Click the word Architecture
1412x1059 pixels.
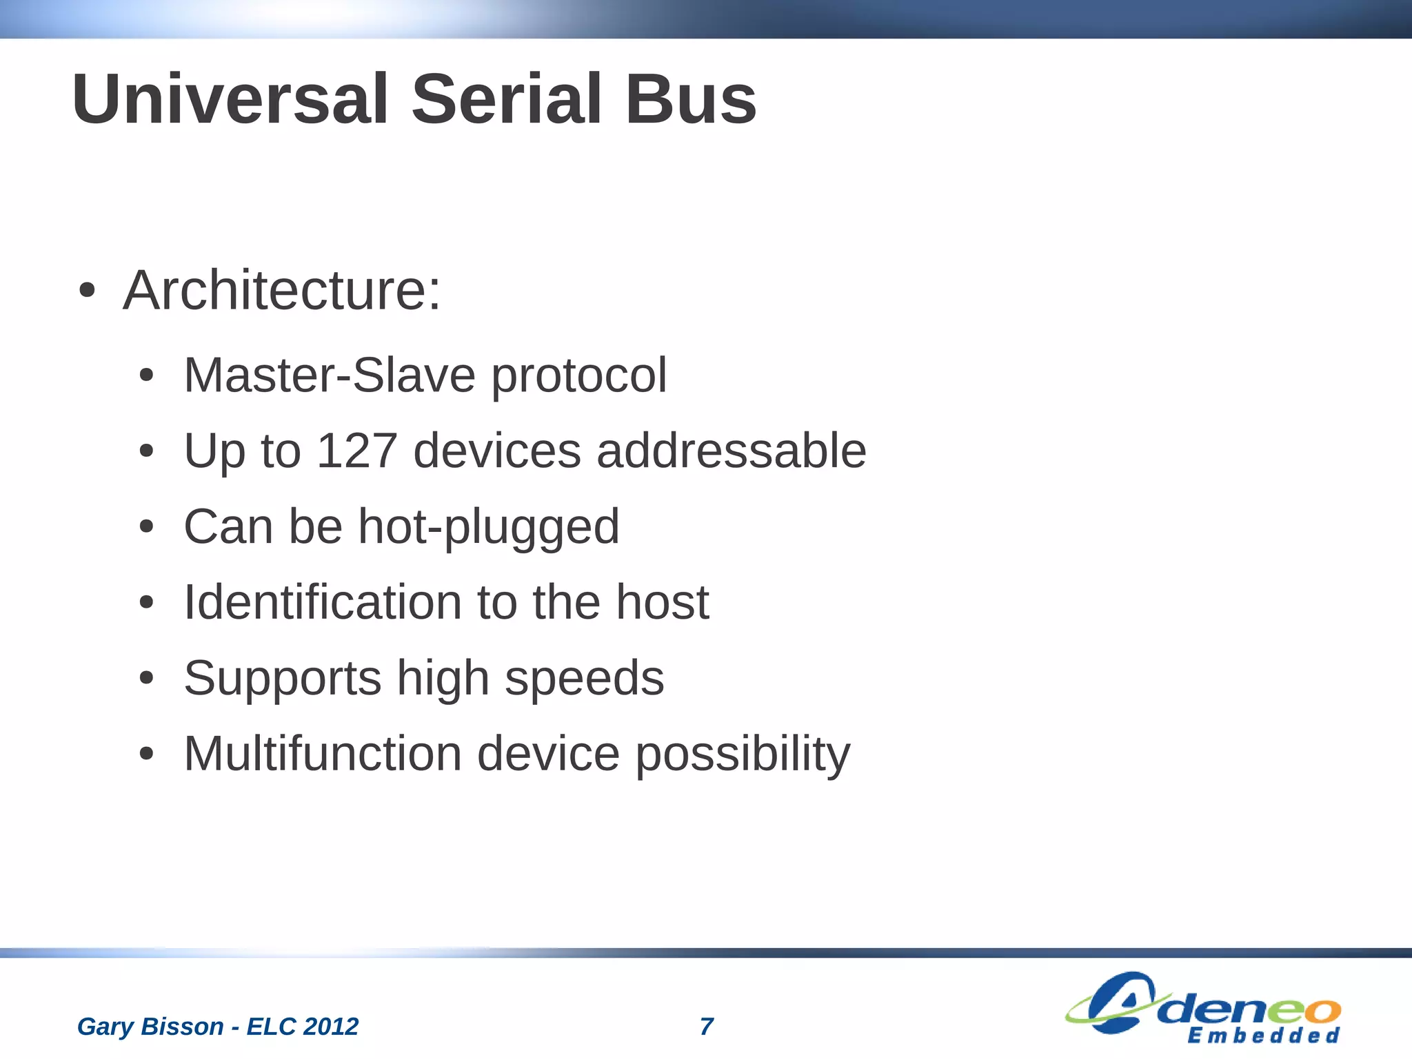point(281,290)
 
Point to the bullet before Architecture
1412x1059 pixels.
point(86,291)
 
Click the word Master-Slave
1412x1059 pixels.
point(330,376)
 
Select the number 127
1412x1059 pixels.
point(357,451)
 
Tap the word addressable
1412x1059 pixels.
point(731,451)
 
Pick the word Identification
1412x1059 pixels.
point(323,602)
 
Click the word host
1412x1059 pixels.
point(662,602)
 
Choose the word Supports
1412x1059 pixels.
point(283,679)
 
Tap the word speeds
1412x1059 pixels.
point(584,679)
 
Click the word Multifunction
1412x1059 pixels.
point(323,754)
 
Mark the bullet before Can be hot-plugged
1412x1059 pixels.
point(146,528)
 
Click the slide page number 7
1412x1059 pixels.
point(707,1027)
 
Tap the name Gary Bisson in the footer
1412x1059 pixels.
point(150,1027)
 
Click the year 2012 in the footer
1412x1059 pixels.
point(331,1027)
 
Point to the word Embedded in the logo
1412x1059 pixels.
point(1263,1036)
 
